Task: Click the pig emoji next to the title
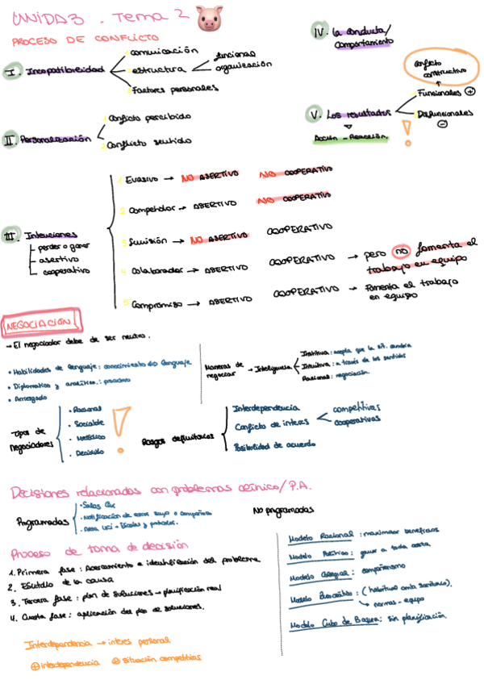click(x=208, y=19)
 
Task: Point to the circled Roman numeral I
click(x=14, y=73)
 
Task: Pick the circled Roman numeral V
click(x=315, y=114)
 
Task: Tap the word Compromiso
click(x=149, y=303)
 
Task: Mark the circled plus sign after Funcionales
click(x=470, y=94)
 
